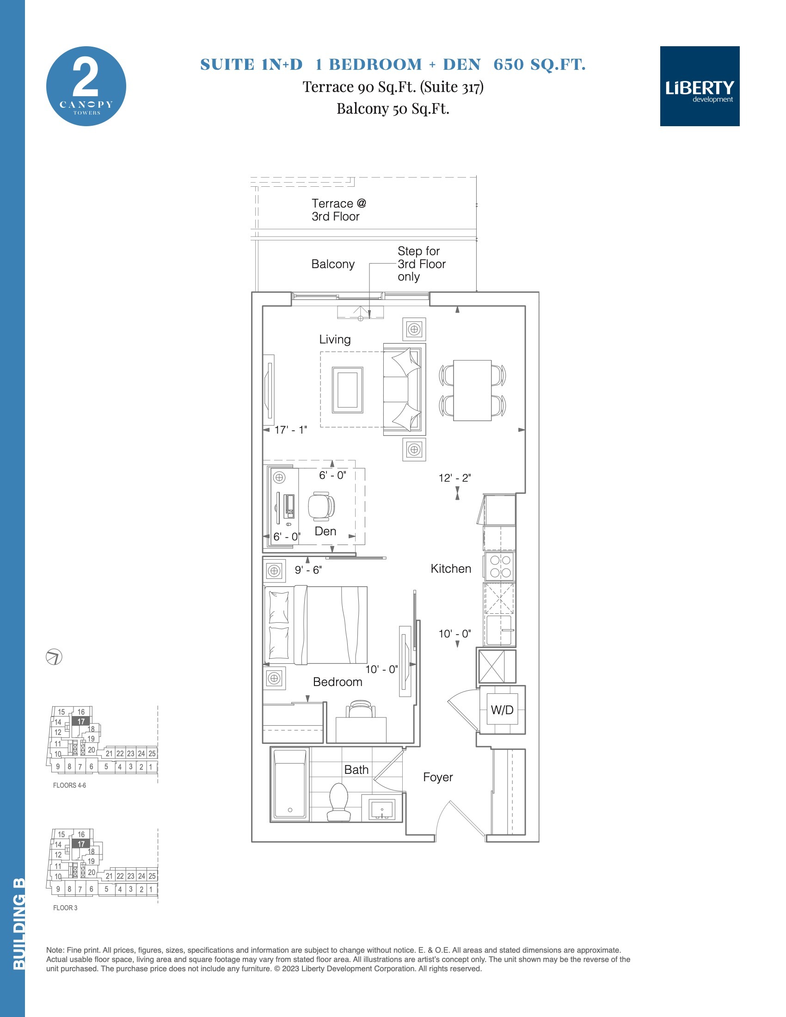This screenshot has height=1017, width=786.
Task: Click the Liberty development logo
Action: pos(700,86)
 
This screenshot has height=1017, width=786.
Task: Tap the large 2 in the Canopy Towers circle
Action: pos(86,78)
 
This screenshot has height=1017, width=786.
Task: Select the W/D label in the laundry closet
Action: pos(502,710)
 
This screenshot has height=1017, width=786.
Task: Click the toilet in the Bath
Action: pos(338,802)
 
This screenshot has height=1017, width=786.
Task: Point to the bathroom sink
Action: pos(382,809)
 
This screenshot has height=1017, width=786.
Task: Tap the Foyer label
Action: pos(438,777)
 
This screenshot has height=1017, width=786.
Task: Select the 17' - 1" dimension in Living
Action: pos(290,430)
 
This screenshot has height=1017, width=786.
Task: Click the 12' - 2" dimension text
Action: pos(454,478)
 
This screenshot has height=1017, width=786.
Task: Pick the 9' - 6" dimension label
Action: pos(308,570)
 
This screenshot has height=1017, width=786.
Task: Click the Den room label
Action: pos(325,531)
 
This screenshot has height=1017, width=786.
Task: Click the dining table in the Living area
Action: pos(472,390)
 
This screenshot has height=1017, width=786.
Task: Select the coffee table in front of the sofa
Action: pos(347,390)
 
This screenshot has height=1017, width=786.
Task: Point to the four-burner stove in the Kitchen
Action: pos(500,566)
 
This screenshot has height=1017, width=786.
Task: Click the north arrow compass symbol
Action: pos(54,657)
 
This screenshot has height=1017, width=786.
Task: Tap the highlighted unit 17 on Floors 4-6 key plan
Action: pos(80,721)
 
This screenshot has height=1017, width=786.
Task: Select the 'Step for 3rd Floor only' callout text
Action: pos(421,264)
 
